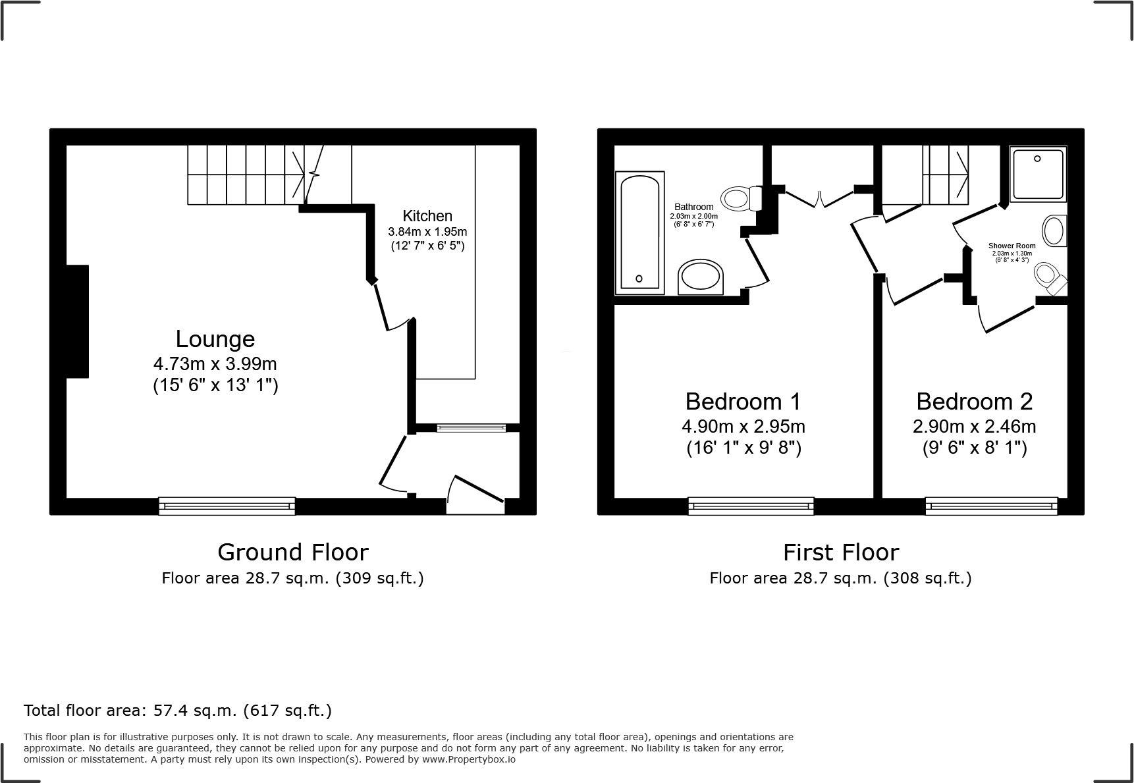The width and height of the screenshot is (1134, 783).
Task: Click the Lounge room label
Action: [215, 339]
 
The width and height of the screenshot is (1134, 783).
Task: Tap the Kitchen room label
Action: [427, 216]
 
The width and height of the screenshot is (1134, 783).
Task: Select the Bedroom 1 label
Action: [743, 401]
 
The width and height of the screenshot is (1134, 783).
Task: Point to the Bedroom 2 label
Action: [974, 401]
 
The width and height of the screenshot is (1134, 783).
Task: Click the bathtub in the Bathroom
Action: [639, 233]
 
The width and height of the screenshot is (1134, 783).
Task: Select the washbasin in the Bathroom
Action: [701, 277]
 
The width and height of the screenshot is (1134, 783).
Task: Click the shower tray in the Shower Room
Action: [1038, 174]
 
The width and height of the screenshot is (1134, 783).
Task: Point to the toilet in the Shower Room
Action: [1050, 278]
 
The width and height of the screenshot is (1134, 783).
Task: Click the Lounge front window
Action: [227, 506]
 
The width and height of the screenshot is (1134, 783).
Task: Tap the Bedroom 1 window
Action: [751, 506]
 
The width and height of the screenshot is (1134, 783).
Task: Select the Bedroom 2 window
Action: [991, 506]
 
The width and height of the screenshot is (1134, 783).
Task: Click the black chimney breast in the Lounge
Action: [77, 321]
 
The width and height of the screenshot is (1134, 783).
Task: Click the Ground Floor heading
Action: [292, 552]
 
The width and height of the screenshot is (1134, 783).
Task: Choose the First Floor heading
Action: [840, 552]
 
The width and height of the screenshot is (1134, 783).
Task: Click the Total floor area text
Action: [178, 711]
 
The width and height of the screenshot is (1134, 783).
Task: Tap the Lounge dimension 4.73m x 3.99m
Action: [215, 364]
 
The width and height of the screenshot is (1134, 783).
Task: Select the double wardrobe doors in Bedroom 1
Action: [819, 198]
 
